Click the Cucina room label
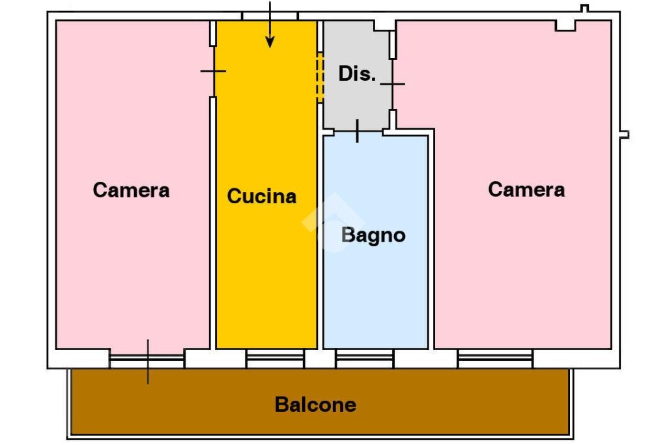click(x=262, y=196)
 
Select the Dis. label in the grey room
click(x=358, y=74)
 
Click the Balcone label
click(x=315, y=405)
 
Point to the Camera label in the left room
click(x=131, y=190)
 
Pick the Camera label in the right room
click(x=526, y=190)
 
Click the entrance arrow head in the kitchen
click(x=270, y=42)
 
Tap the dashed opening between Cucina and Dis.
click(x=320, y=78)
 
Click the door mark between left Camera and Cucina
click(x=213, y=71)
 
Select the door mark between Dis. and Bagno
click(x=358, y=131)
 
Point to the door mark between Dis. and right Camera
click(x=392, y=84)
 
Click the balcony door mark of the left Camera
click(x=148, y=362)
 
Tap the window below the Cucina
click(x=276, y=358)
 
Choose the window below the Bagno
click(x=365, y=358)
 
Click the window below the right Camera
click(x=495, y=358)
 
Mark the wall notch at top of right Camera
click(x=565, y=25)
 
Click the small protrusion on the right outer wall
click(x=624, y=135)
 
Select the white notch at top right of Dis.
click(x=384, y=25)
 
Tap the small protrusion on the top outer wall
click(x=584, y=8)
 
